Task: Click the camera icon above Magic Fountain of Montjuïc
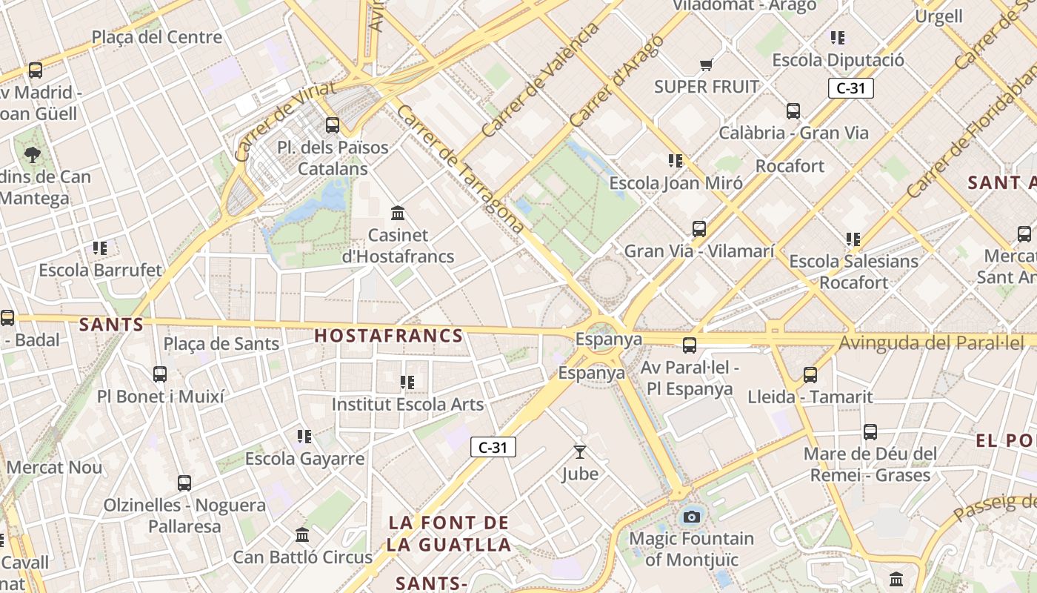pyautogui.click(x=692, y=517)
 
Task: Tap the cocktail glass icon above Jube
pyautogui.click(x=579, y=451)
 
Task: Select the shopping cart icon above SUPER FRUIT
pyautogui.click(x=707, y=64)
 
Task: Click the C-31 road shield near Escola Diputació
pyautogui.click(x=851, y=88)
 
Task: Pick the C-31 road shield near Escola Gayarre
pyautogui.click(x=493, y=447)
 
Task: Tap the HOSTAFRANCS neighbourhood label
pyautogui.click(x=389, y=336)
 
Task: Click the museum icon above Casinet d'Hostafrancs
pyautogui.click(x=398, y=213)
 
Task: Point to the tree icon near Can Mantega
pyautogui.click(x=33, y=154)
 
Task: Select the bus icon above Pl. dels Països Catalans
pyautogui.click(x=333, y=125)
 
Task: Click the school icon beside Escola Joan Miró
pyautogui.click(x=675, y=161)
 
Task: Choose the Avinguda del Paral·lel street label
pyautogui.click(x=930, y=343)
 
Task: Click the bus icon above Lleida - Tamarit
pyautogui.click(x=810, y=375)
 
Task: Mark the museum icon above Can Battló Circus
pyautogui.click(x=302, y=534)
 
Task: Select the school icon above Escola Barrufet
pyautogui.click(x=100, y=248)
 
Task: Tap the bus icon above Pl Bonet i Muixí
pyautogui.click(x=160, y=374)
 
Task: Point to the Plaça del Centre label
pyautogui.click(x=156, y=37)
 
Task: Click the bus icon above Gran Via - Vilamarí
pyautogui.click(x=699, y=229)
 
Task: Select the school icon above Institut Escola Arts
pyautogui.click(x=407, y=382)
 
